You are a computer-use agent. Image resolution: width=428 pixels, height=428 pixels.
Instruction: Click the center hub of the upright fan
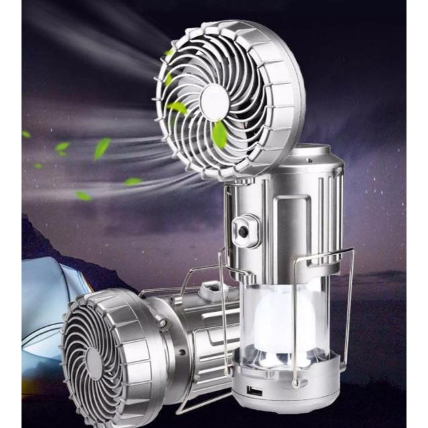214,102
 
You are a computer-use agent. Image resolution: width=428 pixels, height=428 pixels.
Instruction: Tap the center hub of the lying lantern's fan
95,362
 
